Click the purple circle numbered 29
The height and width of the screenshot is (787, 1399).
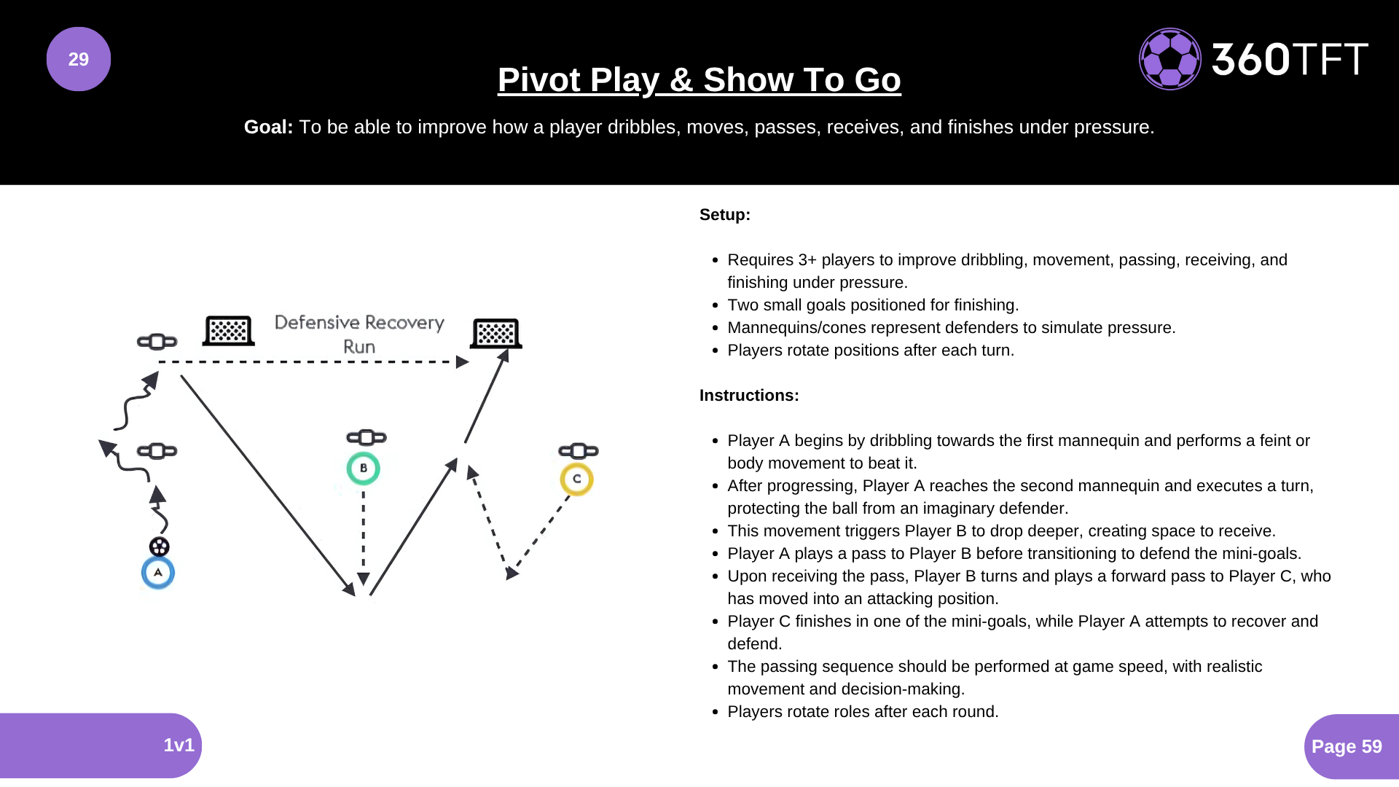(79, 59)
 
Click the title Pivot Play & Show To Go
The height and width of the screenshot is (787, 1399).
(699, 79)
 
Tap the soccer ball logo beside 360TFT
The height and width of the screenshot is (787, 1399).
(1169, 59)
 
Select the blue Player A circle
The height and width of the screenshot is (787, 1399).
(158, 573)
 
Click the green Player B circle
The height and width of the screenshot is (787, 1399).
(363, 469)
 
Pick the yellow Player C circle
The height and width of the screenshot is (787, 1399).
(576, 479)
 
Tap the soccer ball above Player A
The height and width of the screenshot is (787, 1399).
(159, 547)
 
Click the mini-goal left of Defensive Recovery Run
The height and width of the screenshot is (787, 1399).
(229, 331)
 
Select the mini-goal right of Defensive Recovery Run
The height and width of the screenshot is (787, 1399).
(496, 334)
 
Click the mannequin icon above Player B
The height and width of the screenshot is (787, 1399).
(367, 437)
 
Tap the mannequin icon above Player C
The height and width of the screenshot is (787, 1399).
(579, 451)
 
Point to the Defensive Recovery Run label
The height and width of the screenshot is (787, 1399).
(359, 334)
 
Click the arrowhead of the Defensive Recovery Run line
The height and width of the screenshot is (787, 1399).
(462, 362)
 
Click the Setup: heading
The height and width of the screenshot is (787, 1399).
(724, 215)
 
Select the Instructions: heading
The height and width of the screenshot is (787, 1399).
(749, 396)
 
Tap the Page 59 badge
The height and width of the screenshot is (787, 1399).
(1347, 746)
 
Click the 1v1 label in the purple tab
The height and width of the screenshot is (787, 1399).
(179, 745)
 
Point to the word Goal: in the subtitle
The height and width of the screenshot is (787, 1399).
(268, 127)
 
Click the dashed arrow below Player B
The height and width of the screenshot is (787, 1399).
(364, 539)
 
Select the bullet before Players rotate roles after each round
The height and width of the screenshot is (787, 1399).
(716, 712)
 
